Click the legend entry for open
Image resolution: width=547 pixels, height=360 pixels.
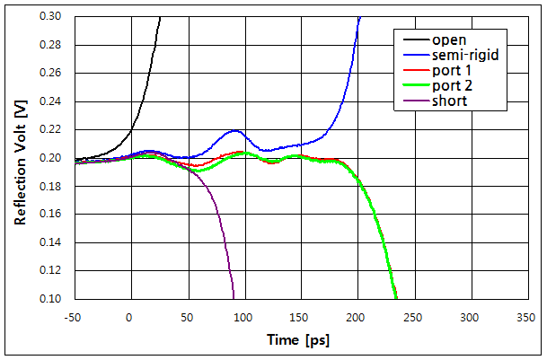[449, 40]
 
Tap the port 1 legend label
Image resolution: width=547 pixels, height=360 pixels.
[451, 71]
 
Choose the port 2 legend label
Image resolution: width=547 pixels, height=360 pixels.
[451, 86]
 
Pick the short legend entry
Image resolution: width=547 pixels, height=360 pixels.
[449, 101]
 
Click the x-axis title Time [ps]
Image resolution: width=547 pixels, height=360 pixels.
[299, 341]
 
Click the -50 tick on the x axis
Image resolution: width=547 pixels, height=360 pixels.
[74, 317]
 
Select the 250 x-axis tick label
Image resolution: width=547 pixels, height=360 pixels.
[413, 317]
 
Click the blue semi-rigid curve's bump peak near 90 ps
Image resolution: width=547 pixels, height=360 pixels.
[234, 131]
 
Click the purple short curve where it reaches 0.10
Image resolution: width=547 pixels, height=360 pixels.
[234, 297]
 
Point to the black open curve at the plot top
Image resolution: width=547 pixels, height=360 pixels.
[160, 19]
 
